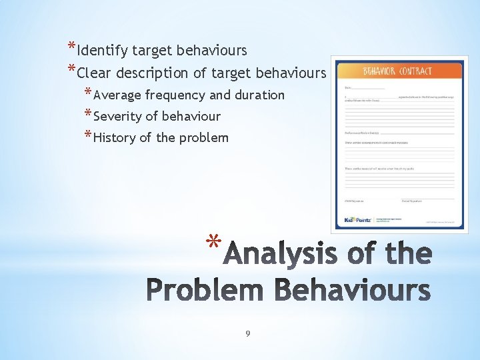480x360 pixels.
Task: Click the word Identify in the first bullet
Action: pos(103,51)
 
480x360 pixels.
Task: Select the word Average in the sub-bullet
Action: pos(117,95)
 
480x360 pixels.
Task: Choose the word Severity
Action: pos(117,117)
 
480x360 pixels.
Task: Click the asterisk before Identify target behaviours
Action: pos(71,47)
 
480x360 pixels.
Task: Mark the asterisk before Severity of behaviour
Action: pos(89,113)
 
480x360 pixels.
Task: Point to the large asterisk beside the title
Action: pos(213,242)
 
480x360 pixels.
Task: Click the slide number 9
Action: pos(247,333)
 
